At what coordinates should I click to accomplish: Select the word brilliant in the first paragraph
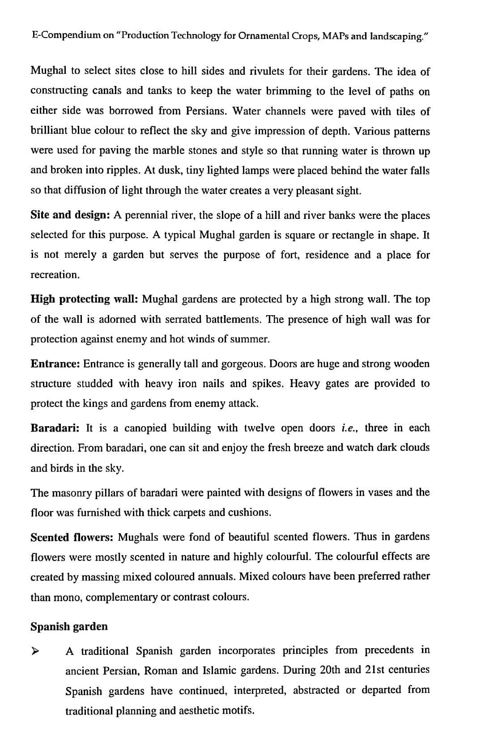click(49, 131)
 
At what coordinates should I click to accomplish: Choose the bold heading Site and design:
click(70, 215)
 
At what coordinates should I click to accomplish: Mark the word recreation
click(55, 275)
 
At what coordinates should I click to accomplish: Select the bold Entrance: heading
click(55, 363)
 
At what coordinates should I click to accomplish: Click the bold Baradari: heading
click(55, 428)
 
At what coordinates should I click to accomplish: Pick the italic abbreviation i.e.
click(349, 428)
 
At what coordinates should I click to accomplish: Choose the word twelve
click(259, 428)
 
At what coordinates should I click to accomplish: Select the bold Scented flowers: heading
click(72, 537)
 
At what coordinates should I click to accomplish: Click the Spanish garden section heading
click(69, 626)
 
